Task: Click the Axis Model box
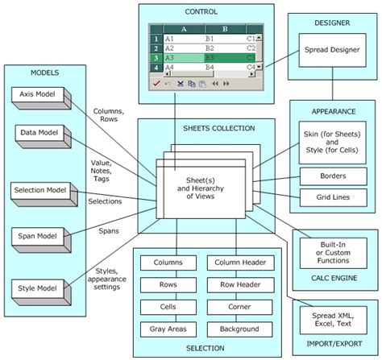click(x=41, y=97)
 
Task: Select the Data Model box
click(x=43, y=136)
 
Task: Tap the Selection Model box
click(x=44, y=194)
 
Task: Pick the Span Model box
click(x=41, y=240)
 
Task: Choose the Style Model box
click(x=41, y=292)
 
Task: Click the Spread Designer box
click(x=332, y=50)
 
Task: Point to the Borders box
click(x=333, y=176)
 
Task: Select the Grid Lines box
click(x=333, y=197)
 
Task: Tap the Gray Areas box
click(x=168, y=329)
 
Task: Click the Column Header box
click(x=240, y=263)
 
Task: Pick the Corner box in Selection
click(x=239, y=307)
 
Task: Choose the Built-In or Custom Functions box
click(x=333, y=253)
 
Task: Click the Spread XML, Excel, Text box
click(x=333, y=320)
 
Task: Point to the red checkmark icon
click(x=156, y=84)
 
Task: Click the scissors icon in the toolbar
click(x=181, y=84)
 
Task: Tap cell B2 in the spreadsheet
click(x=210, y=48)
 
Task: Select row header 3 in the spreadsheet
click(x=156, y=58)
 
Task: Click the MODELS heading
click(x=45, y=72)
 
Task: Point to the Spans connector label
click(x=109, y=231)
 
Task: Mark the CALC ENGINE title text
click(x=334, y=278)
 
